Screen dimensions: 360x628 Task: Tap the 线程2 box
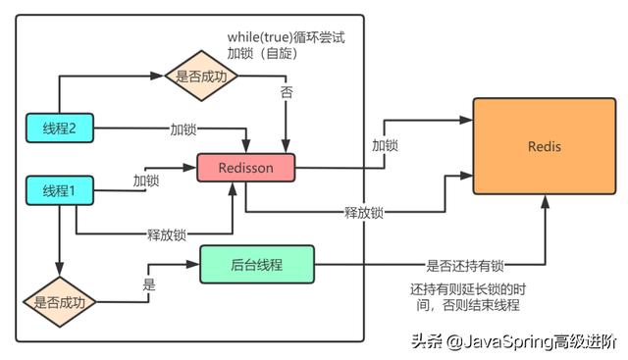pos(59,126)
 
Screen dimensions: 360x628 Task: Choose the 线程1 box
pos(59,189)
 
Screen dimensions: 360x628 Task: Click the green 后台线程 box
pos(256,263)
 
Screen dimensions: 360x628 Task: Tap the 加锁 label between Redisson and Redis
pos(385,145)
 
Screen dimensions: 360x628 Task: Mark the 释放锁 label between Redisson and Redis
pos(363,212)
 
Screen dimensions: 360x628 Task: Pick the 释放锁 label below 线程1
pos(166,234)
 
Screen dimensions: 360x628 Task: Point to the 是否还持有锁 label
pos(464,265)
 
